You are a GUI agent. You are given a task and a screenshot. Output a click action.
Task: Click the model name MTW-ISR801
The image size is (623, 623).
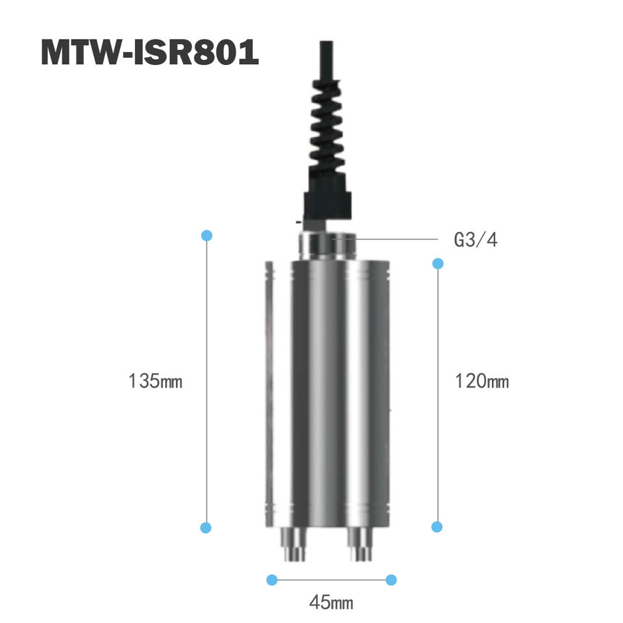point(150,52)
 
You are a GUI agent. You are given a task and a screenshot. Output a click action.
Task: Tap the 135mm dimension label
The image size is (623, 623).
point(155,381)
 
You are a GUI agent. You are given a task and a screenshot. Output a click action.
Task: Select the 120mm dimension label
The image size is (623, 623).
point(482,381)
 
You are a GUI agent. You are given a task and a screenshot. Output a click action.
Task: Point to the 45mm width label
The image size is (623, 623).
point(331,602)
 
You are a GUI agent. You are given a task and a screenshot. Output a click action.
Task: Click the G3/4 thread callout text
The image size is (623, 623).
point(475,239)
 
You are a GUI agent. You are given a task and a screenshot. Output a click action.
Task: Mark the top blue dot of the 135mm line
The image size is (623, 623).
point(206,235)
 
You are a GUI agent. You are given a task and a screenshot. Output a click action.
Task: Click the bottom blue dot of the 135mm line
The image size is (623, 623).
point(206,528)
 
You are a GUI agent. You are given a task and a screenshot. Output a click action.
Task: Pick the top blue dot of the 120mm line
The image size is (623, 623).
point(438,263)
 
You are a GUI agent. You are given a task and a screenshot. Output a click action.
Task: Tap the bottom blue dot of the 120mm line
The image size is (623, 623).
point(437,527)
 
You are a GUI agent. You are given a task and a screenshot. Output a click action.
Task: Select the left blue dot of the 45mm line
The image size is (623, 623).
point(272,580)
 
